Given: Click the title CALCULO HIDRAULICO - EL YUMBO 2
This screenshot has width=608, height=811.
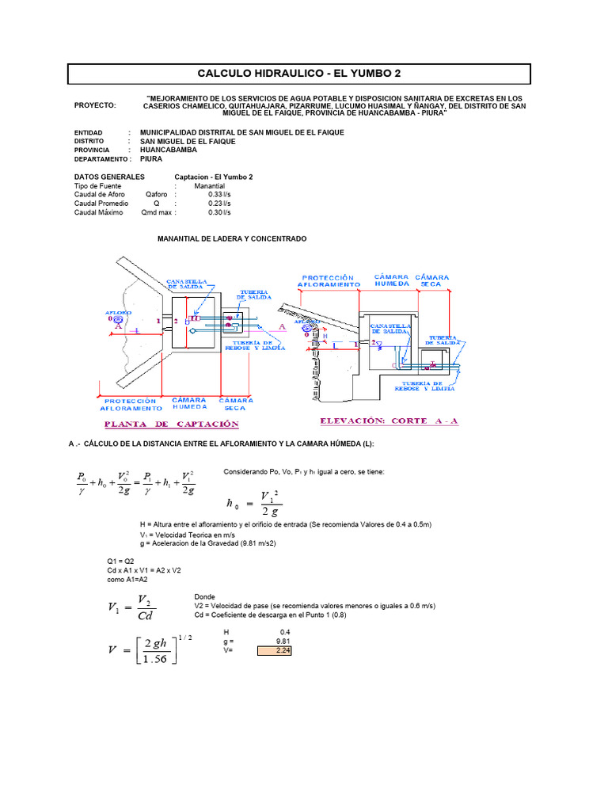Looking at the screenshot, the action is [299, 74].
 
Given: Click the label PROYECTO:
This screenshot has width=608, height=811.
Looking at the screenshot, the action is [94, 105].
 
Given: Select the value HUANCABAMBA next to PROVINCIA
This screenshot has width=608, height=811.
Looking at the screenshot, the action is [169, 149].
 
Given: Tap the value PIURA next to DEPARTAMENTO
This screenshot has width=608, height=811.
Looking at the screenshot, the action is [151, 158].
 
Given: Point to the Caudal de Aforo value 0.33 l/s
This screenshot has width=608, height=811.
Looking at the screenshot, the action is [219, 194].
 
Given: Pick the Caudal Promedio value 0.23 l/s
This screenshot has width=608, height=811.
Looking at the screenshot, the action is [219, 203].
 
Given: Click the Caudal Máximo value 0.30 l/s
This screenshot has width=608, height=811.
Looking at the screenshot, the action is [219, 212].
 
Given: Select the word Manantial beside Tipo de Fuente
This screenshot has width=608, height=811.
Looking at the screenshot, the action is [210, 185].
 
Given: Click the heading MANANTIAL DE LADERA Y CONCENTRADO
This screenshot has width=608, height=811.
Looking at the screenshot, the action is [232, 238].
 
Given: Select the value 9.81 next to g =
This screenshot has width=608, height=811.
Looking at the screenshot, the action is [283, 641].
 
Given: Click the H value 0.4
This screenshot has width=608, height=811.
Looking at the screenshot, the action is [286, 631].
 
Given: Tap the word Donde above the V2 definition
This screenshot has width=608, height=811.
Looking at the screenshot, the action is [204, 596].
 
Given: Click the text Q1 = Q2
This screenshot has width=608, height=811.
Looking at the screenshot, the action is [109, 561].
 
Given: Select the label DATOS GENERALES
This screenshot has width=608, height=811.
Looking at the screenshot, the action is [109, 177].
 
